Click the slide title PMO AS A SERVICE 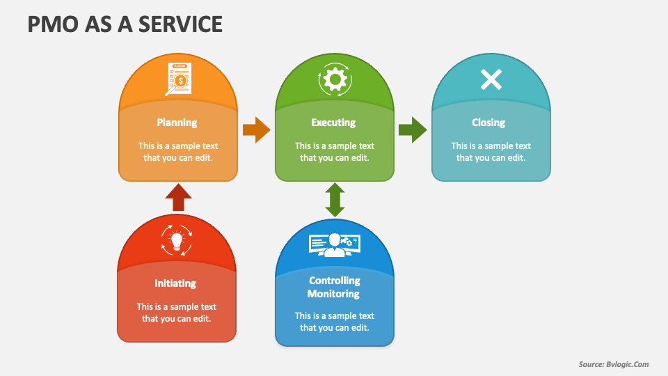(x=125, y=24)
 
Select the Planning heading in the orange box (x=177, y=123)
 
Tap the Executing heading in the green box (x=333, y=123)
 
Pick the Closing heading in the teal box (x=488, y=123)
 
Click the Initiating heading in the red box (x=175, y=283)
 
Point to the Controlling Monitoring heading (x=334, y=287)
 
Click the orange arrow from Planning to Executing (x=256, y=130)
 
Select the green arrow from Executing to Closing (x=413, y=130)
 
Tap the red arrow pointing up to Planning (x=179, y=197)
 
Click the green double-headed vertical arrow (x=335, y=200)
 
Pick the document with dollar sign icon (x=179, y=79)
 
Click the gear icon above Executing (x=335, y=79)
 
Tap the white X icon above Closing (x=491, y=79)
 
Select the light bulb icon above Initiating (x=176, y=240)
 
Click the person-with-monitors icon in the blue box (x=335, y=244)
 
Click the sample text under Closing (x=491, y=152)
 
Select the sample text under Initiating (x=176, y=313)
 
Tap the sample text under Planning (x=177, y=152)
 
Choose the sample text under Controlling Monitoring (x=334, y=322)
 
